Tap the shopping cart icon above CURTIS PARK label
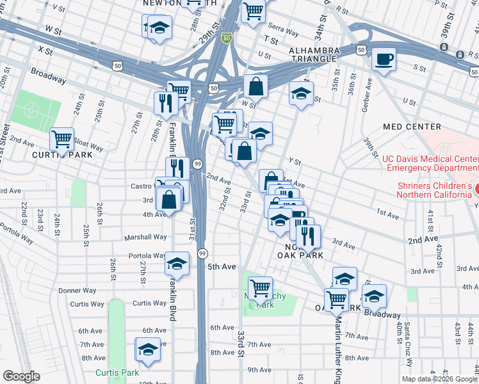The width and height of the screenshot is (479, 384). point(62,138)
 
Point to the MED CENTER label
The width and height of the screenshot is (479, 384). point(412,127)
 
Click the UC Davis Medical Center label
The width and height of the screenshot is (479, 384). point(429,163)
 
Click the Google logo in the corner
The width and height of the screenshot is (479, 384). point(21,376)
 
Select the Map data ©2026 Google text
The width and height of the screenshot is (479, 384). point(439,378)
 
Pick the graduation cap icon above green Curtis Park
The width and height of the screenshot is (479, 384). point(148,350)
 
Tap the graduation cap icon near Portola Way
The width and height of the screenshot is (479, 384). point(177,263)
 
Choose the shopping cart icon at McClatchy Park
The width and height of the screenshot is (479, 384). point(260,288)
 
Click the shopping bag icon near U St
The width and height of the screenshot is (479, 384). point(256,85)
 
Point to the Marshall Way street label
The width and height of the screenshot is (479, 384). point(145,237)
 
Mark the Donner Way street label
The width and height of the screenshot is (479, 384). point(77,290)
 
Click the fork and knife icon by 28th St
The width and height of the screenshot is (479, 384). point(165,102)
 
